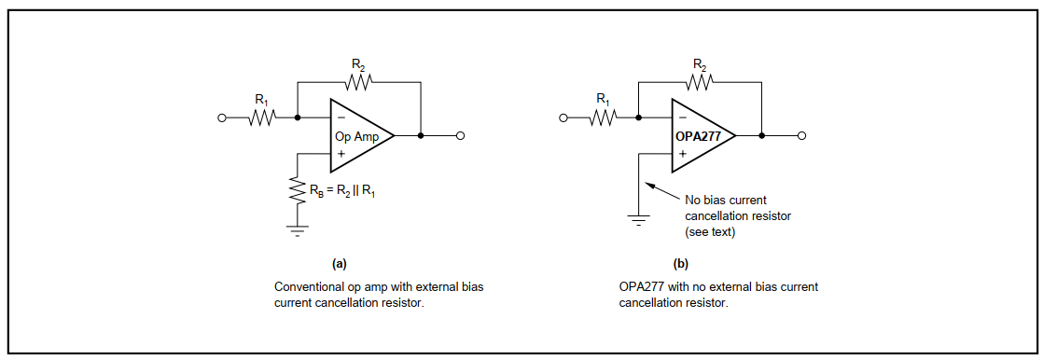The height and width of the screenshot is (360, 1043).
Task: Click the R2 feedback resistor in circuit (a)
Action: pyautogui.click(x=358, y=82)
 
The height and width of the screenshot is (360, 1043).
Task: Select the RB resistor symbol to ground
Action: pyautogui.click(x=297, y=193)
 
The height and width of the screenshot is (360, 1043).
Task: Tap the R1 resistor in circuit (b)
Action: pyautogui.click(x=604, y=118)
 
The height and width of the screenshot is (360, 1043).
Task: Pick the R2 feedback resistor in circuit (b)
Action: pyautogui.click(x=699, y=82)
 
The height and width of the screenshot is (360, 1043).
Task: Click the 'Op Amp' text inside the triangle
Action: pyautogui.click(x=357, y=136)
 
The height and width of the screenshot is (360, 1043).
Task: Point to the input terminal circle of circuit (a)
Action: pyautogui.click(x=222, y=118)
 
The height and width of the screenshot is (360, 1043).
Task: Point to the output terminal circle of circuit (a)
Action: pyautogui.click(x=461, y=136)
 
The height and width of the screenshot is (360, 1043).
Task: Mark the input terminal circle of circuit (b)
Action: pyautogui.click(x=563, y=118)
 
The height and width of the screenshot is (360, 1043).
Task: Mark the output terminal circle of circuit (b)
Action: pyautogui.click(x=801, y=136)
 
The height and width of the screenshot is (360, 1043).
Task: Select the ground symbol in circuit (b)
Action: pyautogui.click(x=638, y=220)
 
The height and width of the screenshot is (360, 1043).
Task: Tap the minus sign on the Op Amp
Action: pyautogui.click(x=341, y=118)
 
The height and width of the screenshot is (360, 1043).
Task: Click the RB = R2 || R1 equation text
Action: pyautogui.click(x=342, y=192)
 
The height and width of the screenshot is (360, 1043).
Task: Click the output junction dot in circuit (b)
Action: pyautogui.click(x=762, y=136)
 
